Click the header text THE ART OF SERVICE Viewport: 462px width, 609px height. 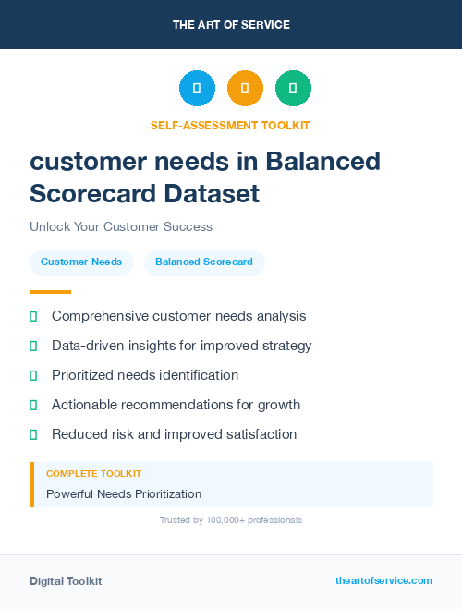(231, 25)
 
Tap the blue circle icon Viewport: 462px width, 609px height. (197, 89)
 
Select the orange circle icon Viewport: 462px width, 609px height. (245, 89)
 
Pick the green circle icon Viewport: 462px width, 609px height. (293, 89)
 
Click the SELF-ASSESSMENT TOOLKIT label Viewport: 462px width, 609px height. (230, 125)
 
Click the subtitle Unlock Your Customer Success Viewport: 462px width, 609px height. (121, 226)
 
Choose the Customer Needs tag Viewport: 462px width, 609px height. (81, 262)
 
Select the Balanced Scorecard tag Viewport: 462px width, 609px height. (204, 262)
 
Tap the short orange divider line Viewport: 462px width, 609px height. (50, 291)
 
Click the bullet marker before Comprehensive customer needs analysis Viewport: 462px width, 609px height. (33, 317)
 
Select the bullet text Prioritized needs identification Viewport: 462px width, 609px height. (145, 375)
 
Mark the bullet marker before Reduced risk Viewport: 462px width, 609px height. (33, 434)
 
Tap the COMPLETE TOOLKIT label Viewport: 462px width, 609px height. (93, 474)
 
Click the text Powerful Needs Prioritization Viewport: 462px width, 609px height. (124, 494)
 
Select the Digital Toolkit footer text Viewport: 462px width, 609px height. (66, 581)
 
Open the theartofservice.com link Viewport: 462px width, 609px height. (383, 580)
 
